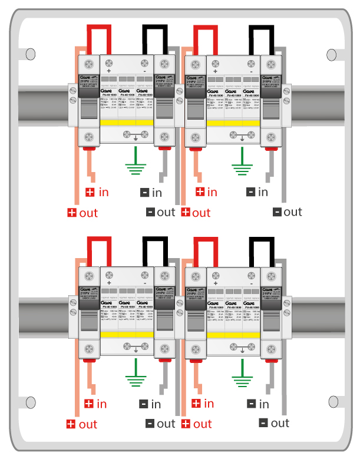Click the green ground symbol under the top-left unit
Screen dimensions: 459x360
[136, 166]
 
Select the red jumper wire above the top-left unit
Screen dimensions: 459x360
[99, 28]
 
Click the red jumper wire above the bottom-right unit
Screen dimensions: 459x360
[205, 240]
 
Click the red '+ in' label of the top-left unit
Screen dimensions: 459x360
[97, 191]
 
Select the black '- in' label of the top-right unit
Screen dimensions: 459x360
[257, 191]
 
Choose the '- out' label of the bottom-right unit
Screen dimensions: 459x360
[274, 423]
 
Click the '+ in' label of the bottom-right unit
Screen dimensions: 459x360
[204, 404]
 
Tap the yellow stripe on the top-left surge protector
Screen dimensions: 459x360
[127, 122]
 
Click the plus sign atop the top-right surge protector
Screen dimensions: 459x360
[216, 71]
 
